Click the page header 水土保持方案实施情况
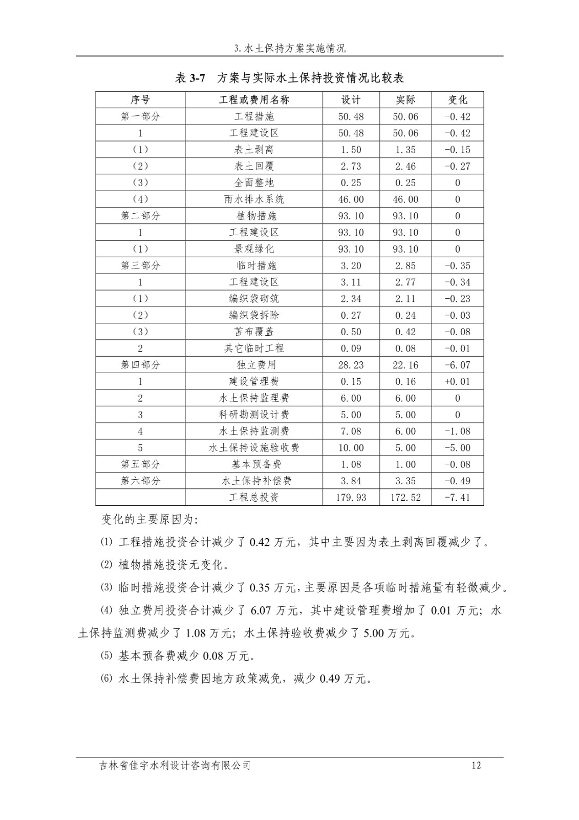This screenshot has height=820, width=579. [x=290, y=49]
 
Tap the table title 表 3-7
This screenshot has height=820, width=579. [x=190, y=78]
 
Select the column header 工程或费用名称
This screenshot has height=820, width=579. [x=254, y=100]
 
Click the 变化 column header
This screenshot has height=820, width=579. [x=458, y=100]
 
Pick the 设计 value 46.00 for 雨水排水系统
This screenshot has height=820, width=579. [x=351, y=199]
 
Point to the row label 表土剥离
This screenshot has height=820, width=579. [x=254, y=150]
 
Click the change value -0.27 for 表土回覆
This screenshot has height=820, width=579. [x=458, y=166]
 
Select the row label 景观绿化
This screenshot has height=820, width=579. [x=254, y=249]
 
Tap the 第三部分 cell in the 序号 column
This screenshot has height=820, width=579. [x=140, y=265]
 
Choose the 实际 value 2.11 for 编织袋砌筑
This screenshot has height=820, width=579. [x=405, y=299]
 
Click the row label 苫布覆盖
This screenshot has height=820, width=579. [x=254, y=332]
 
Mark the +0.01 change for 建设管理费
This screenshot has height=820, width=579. [x=458, y=381]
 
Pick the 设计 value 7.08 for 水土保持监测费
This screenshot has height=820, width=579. [x=351, y=431]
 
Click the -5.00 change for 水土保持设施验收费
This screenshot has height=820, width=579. [x=458, y=448]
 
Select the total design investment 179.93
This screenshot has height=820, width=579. [x=351, y=497]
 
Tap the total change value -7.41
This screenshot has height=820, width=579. [x=458, y=497]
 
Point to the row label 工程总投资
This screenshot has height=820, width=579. [x=254, y=497]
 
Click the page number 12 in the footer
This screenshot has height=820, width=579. [x=476, y=766]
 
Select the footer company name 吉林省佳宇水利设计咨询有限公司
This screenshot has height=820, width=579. [x=176, y=766]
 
